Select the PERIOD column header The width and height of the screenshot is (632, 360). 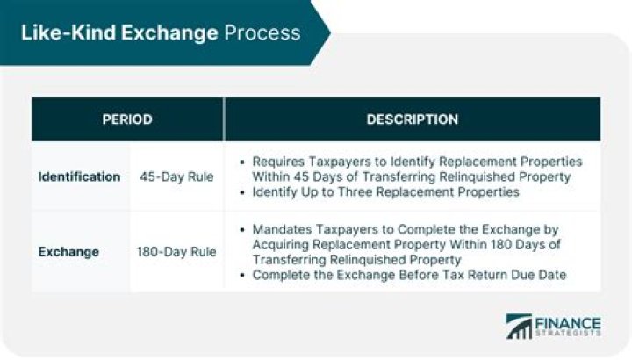click(127, 119)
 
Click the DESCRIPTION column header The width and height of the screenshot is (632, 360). click(412, 119)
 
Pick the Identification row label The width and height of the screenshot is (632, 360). click(79, 176)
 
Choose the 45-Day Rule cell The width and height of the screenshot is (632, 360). click(176, 176)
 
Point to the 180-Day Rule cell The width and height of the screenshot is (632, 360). click(176, 252)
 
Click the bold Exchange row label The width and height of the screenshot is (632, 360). click(68, 252)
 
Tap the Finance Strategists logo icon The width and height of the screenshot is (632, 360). click(519, 327)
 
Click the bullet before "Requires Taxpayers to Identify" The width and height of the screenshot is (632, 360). click(243, 162)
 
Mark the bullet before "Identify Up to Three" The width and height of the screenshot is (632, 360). click(243, 191)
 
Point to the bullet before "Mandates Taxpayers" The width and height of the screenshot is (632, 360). click(243, 229)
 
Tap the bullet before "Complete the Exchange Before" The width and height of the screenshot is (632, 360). click(243, 274)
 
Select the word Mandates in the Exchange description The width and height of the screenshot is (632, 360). click(281, 229)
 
